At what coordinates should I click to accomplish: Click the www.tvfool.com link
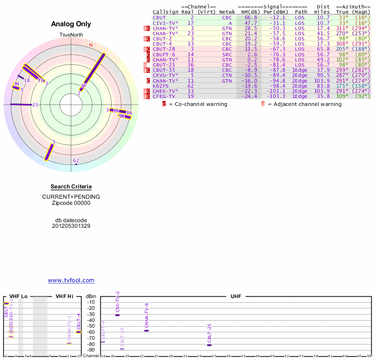(x=71, y=280)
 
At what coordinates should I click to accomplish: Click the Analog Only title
(x=71, y=24)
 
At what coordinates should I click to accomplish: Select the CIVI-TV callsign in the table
(x=165, y=22)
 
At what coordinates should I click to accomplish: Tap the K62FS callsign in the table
(x=160, y=85)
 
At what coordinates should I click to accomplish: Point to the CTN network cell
(x=227, y=75)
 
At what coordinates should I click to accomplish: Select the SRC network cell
(x=227, y=54)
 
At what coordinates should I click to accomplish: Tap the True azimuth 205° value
(x=343, y=49)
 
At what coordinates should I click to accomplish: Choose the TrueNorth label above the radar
(x=71, y=35)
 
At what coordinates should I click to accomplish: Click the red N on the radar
(x=91, y=45)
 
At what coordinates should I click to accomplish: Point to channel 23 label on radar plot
(x=35, y=105)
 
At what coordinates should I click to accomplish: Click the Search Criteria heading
(x=71, y=187)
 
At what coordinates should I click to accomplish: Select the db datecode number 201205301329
(x=71, y=226)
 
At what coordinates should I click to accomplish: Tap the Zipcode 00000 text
(x=71, y=203)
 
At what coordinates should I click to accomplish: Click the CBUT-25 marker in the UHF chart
(x=209, y=345)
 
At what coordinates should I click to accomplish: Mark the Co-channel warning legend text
(x=198, y=104)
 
